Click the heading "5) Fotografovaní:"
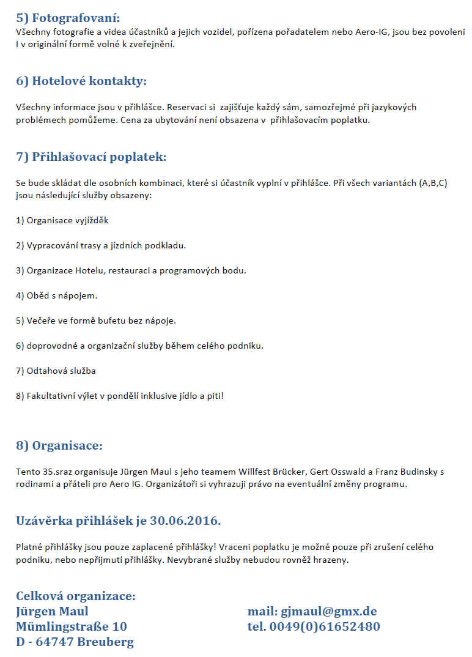68,17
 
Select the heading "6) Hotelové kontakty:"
81,81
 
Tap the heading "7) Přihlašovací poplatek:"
91,157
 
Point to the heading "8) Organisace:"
59,445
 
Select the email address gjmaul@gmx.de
328,611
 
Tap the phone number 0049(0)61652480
330,626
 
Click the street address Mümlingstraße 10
72,626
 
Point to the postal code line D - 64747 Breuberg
75,642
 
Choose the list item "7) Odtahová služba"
56,371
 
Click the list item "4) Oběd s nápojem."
57,295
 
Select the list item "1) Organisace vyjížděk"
62,220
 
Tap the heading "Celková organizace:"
76,596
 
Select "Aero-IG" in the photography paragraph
372,32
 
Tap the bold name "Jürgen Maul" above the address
52,611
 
